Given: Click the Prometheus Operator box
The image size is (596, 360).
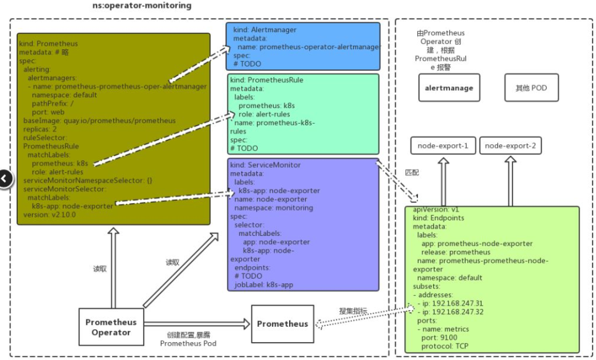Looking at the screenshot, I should coord(111,327).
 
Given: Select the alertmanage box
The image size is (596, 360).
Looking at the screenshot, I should coord(449,88).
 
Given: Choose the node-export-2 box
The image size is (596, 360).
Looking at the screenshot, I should coord(510,146).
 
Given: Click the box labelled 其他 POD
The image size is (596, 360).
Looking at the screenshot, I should coord(531,88).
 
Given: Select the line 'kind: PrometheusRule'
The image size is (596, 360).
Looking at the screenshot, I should coord(267,80).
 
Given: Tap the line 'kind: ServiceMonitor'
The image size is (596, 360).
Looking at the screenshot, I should coord(266,165).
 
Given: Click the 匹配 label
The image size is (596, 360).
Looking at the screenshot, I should coord(412,172).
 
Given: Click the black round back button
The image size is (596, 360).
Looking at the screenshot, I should coord(4,179).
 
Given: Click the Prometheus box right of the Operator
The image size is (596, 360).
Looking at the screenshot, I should coord(282,324).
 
